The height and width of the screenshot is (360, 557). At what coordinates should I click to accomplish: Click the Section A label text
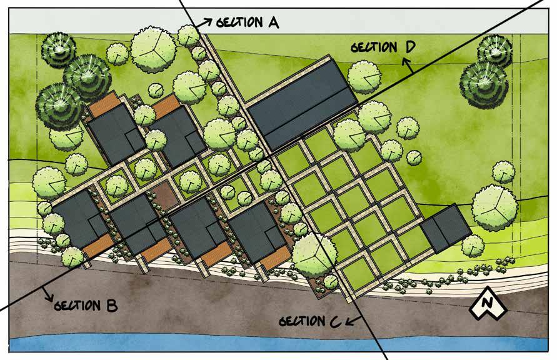tap(247, 23)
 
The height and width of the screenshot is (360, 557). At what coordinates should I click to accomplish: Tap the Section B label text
tap(86, 306)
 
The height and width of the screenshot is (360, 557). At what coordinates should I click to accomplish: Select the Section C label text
tap(310, 321)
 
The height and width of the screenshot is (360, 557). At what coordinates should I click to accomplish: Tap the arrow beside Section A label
tap(204, 21)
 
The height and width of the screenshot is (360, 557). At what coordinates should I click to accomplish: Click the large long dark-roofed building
tap(302, 104)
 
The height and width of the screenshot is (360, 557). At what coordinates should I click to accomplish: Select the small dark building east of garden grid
tap(446, 226)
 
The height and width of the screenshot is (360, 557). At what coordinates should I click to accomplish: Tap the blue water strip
tap(278, 345)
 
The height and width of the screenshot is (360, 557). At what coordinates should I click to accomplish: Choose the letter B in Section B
tap(111, 306)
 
